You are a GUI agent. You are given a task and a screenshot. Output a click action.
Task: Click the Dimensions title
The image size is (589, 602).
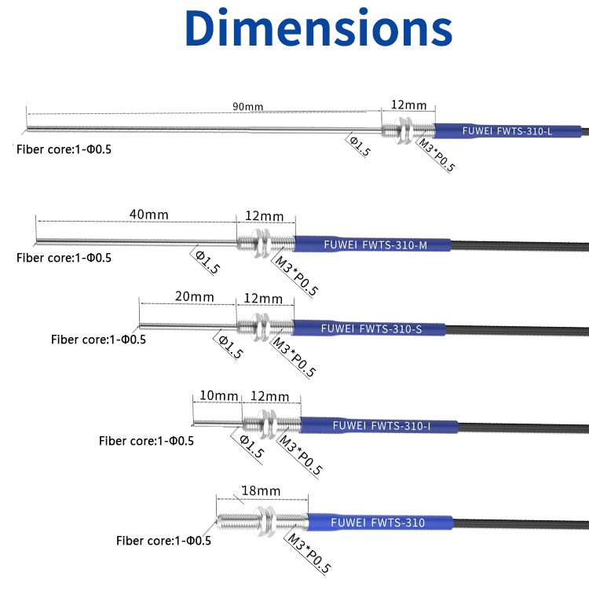point(318,28)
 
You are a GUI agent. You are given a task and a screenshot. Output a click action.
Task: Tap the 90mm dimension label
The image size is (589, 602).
point(247,107)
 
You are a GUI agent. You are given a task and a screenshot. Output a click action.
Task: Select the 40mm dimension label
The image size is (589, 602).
point(148,215)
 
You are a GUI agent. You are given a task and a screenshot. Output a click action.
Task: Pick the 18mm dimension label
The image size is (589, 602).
point(261,491)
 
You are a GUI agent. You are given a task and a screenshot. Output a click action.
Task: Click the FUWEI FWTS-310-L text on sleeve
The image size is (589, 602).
point(507,131)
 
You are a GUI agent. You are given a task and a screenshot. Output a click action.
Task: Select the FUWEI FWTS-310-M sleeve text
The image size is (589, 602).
point(375,245)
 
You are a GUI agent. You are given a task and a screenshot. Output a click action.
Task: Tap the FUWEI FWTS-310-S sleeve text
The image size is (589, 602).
point(371,329)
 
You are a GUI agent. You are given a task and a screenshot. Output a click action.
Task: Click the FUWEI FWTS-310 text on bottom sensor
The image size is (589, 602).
point(378,523)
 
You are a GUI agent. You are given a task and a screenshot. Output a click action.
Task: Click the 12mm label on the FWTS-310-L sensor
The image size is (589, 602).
point(408,105)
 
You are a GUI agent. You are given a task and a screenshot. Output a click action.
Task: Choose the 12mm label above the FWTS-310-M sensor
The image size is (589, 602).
point(264,216)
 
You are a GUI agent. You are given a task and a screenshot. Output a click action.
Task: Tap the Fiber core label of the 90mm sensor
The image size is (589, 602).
point(64,149)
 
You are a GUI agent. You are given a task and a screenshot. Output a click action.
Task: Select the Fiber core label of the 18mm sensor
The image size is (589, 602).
point(163,540)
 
